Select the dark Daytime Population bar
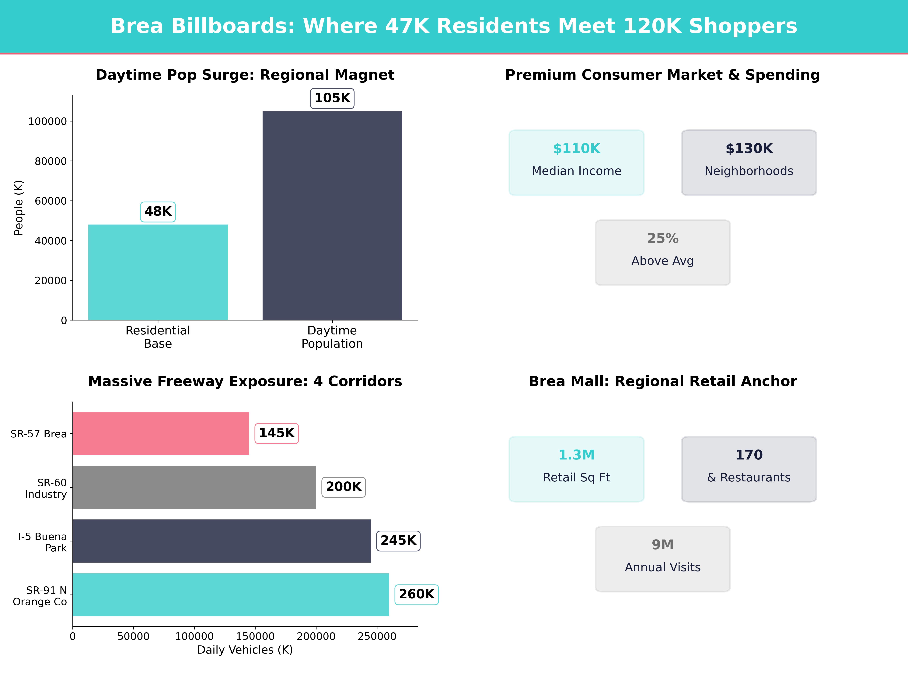click(x=332, y=215)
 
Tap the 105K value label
click(x=332, y=98)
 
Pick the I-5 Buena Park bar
click(x=222, y=541)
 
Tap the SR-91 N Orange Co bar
click(x=231, y=595)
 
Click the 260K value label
click(x=416, y=594)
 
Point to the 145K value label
click(x=277, y=433)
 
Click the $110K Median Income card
click(x=576, y=162)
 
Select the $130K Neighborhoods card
click(x=749, y=162)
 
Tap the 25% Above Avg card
click(x=662, y=253)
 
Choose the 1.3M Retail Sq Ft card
click(x=576, y=469)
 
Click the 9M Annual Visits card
click(x=662, y=559)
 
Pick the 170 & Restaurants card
click(x=749, y=469)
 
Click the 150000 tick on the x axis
click(x=255, y=636)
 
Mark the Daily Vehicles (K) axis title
click(x=245, y=650)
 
